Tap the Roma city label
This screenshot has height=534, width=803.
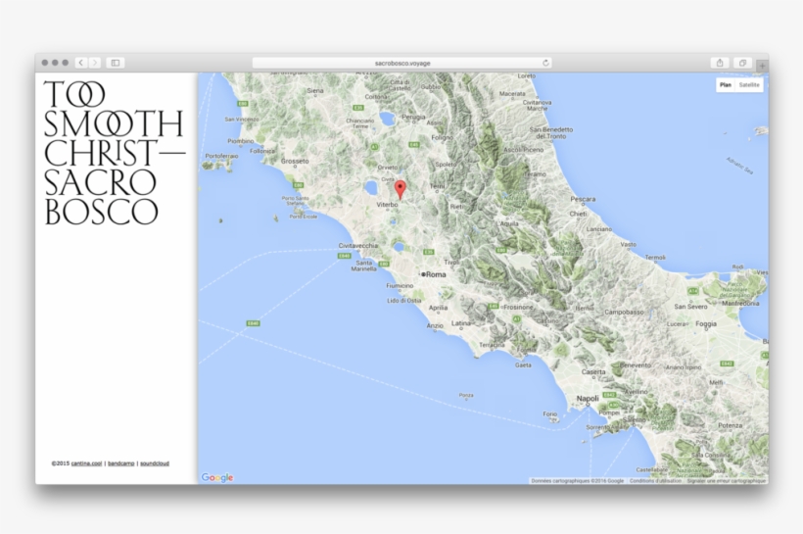436,274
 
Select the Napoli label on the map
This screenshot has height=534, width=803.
588,399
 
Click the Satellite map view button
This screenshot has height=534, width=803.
749,85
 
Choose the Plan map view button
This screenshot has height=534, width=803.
726,85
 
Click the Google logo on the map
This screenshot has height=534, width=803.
217,477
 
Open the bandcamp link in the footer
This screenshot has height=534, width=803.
120,462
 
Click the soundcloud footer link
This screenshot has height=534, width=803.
155,462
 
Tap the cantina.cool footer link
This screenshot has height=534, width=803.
86,462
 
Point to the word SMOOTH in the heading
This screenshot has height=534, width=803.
114,123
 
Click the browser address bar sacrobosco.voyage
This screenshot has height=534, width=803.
401,63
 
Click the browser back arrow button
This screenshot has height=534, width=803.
81,63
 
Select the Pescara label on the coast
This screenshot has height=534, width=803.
583,199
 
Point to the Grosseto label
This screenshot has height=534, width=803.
295,161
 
